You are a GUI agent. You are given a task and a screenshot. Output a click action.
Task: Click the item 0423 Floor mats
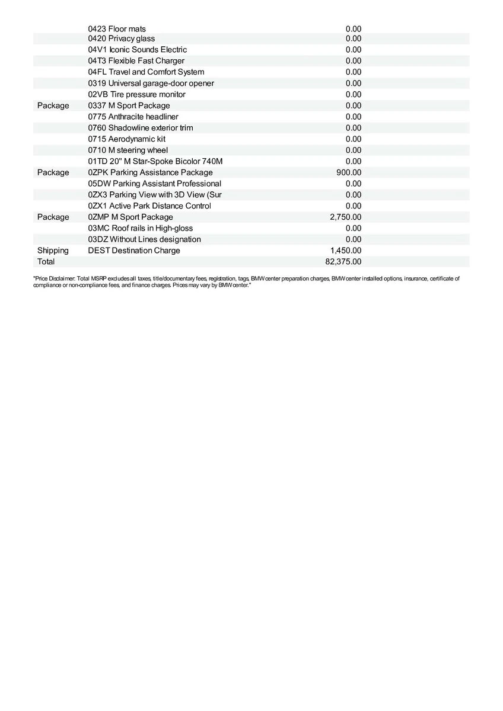117,28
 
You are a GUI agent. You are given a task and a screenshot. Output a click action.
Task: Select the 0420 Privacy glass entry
122,39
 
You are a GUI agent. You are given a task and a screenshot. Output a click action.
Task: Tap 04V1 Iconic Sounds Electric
137,50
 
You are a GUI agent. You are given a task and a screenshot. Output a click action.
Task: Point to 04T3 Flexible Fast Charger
136,61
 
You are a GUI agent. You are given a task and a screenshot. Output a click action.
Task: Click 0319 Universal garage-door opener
151,83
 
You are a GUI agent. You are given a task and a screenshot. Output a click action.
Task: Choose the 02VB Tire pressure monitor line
136,94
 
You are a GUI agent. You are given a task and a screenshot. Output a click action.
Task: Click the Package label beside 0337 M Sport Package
53,105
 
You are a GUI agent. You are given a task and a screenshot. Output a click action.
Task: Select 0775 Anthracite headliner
133,117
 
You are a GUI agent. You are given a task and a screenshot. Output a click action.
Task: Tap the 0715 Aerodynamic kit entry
126,139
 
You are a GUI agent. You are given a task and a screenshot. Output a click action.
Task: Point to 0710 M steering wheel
128,150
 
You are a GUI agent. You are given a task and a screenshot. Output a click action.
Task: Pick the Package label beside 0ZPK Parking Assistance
53,172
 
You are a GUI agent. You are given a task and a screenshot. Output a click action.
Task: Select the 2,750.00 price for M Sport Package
345,217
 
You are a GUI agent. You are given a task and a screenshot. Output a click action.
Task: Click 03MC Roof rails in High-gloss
140,228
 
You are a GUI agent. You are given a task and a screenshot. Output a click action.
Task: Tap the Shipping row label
53,251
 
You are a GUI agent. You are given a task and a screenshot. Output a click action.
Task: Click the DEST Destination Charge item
133,251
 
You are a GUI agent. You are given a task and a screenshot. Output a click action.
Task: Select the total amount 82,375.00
343,261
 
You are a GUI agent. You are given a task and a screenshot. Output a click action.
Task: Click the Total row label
46,261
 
